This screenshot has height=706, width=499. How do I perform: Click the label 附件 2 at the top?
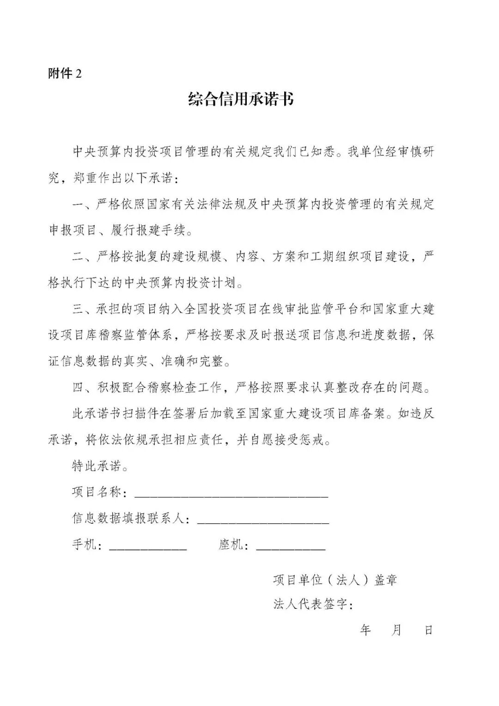point(65,74)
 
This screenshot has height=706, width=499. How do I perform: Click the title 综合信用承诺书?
point(241,99)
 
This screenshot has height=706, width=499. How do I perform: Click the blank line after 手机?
point(148,546)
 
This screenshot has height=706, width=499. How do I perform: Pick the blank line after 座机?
point(291,546)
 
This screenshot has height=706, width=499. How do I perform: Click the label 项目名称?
point(97,492)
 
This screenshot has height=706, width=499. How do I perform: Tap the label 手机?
point(85,545)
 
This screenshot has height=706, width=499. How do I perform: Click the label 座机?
point(231,545)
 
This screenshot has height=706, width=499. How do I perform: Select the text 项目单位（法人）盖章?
point(335,580)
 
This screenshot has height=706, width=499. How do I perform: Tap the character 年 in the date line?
point(365,630)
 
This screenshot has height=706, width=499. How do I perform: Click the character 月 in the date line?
point(396,630)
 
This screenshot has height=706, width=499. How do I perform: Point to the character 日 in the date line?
point(428,630)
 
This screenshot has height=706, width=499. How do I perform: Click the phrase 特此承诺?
point(97,466)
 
